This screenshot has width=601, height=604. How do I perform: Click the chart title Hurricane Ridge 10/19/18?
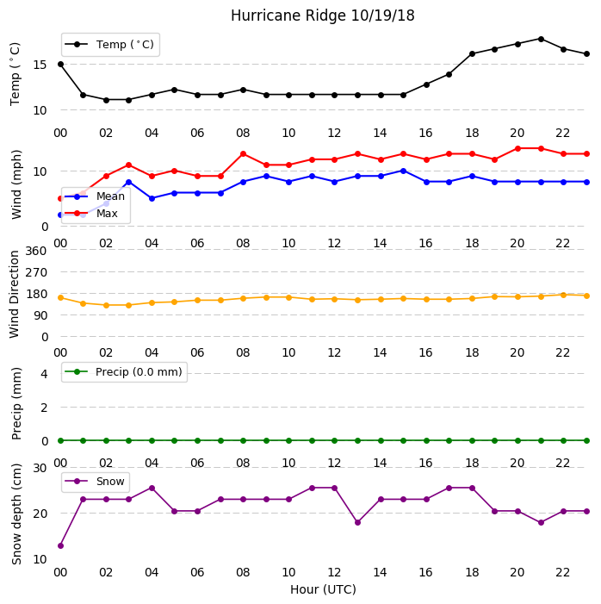(322, 16)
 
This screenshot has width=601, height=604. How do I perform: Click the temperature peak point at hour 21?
(541, 40)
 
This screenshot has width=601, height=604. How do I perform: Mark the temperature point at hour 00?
(60, 65)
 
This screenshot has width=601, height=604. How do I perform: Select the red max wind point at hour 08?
(243, 154)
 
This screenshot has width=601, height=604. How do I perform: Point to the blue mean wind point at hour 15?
(403, 171)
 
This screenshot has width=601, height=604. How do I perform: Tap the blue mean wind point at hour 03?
(128, 182)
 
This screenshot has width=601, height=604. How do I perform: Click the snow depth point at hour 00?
(60, 545)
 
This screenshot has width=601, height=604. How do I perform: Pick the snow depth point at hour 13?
(357, 523)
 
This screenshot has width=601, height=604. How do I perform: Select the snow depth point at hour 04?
(152, 488)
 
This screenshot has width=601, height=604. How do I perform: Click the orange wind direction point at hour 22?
(563, 295)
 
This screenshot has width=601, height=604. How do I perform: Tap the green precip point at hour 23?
(586, 440)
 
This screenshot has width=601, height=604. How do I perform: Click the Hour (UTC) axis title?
(323, 589)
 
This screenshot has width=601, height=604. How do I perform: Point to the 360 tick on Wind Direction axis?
(36, 251)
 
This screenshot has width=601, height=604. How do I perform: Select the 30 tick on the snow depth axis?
(40, 468)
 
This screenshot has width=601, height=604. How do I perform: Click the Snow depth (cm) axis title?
(16, 514)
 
